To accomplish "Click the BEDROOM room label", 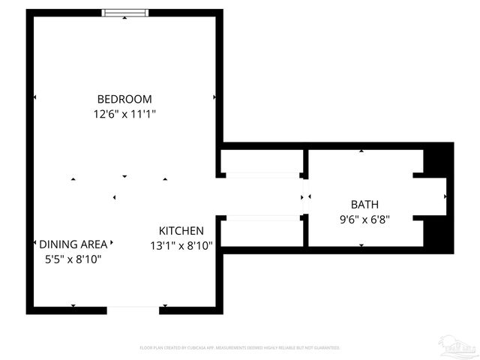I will click(x=124, y=99).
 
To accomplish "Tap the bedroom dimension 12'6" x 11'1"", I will click(x=124, y=114).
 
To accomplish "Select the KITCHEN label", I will click(x=181, y=230).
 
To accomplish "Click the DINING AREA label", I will click(x=73, y=244).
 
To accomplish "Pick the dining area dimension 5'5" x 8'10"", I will click(x=73, y=259).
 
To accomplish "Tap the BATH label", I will click(x=364, y=204).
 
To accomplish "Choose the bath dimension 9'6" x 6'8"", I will click(x=364, y=220).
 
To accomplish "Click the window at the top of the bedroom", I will click(x=125, y=13).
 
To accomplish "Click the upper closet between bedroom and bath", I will click(x=262, y=160).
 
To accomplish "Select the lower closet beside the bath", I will click(x=262, y=231).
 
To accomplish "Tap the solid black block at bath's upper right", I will click(x=439, y=159).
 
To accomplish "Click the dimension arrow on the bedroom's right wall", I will click(x=214, y=97).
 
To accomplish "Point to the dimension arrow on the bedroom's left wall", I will click(x=34, y=97).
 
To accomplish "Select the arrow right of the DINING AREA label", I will click(x=112, y=243).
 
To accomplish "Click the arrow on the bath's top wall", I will click(x=361, y=151).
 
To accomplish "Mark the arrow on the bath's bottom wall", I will click(x=361, y=245).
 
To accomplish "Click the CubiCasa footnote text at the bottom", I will click(x=240, y=348).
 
